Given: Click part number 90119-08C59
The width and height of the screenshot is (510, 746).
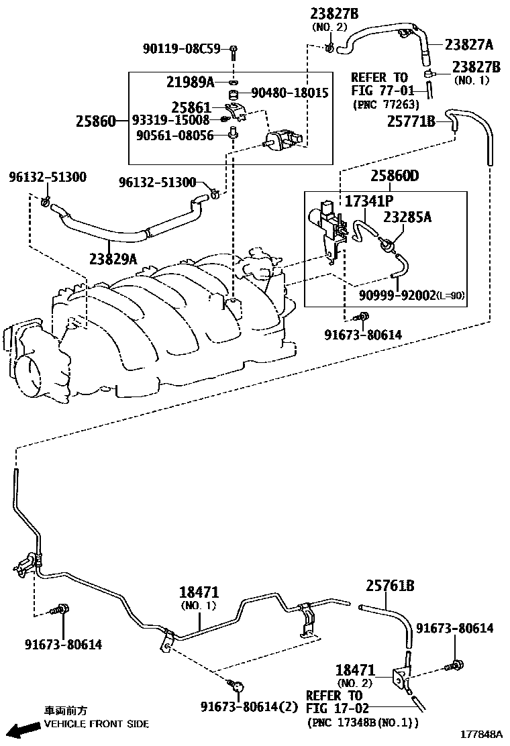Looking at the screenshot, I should (x=181, y=49).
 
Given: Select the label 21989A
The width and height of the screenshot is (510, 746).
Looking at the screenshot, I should (x=190, y=82).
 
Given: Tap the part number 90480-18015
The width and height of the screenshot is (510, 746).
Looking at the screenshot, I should (x=290, y=93).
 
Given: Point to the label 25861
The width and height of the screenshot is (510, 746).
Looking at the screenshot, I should (x=191, y=107).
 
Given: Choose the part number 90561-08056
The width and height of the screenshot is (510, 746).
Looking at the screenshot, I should (x=174, y=136).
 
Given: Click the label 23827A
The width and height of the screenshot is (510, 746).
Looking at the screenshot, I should (x=468, y=44).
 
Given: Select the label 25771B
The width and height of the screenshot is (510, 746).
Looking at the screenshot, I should (x=411, y=121).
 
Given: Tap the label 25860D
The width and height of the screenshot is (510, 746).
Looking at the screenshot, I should (x=395, y=176).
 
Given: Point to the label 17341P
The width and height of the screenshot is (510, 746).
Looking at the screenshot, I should (x=369, y=201).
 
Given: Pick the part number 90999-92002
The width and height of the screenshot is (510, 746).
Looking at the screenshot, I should (x=399, y=295).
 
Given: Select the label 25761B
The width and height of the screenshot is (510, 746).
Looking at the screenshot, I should (x=390, y=586).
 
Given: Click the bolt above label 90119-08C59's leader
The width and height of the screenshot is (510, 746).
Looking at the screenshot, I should (x=233, y=49).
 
